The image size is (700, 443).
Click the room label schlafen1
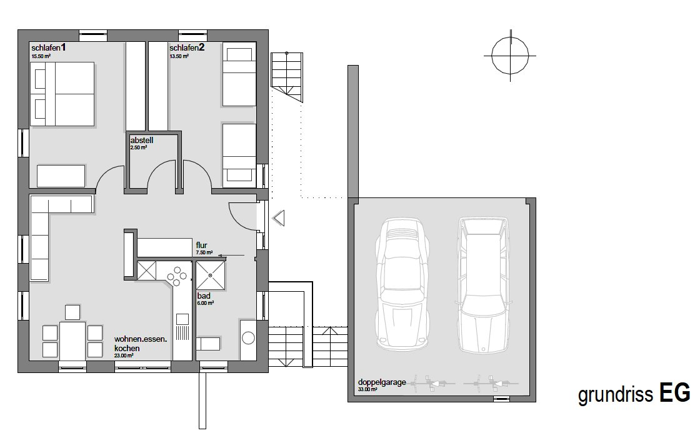49,47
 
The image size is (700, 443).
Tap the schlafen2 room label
187,47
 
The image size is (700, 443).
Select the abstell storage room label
141,140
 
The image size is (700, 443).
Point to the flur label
202,246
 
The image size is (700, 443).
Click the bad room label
204,296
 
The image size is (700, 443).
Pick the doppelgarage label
382,382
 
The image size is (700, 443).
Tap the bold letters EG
674,394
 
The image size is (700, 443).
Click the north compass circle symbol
510,56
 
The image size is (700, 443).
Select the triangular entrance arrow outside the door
278,219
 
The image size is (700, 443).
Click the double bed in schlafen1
62,94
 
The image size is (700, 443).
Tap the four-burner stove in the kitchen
177,276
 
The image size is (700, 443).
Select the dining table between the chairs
72,341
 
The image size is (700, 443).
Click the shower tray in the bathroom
210,276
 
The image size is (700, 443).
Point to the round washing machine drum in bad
248,337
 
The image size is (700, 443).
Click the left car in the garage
402,284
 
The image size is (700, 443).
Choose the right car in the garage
484,285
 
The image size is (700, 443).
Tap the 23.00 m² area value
124,356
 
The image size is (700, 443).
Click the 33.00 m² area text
367,389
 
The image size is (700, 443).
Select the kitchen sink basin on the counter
182,319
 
